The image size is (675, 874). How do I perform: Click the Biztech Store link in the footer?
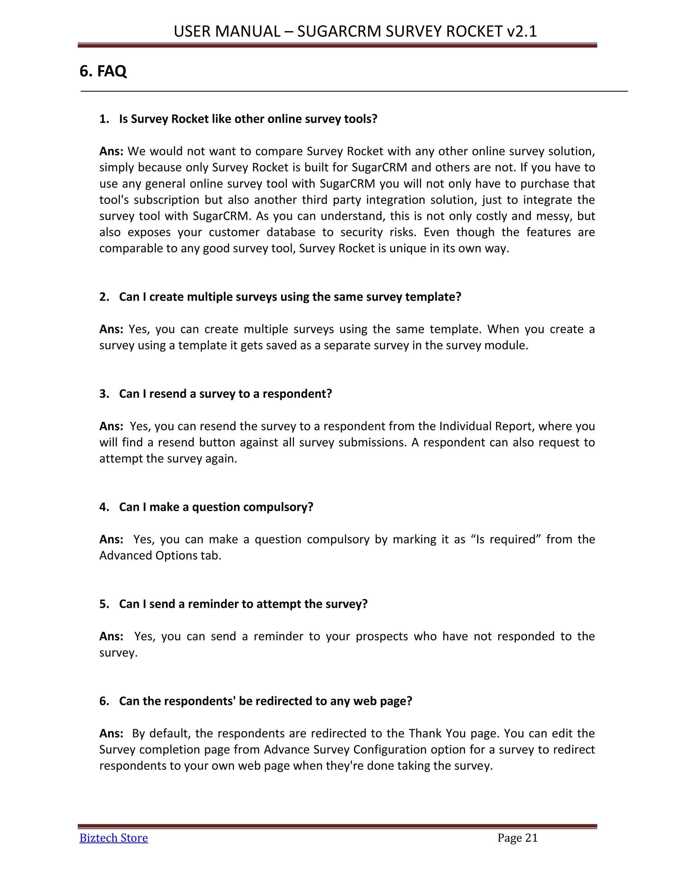114,838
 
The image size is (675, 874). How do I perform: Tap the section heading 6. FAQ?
103,71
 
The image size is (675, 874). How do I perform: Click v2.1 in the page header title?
521,31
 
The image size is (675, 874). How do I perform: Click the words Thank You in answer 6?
437,734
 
